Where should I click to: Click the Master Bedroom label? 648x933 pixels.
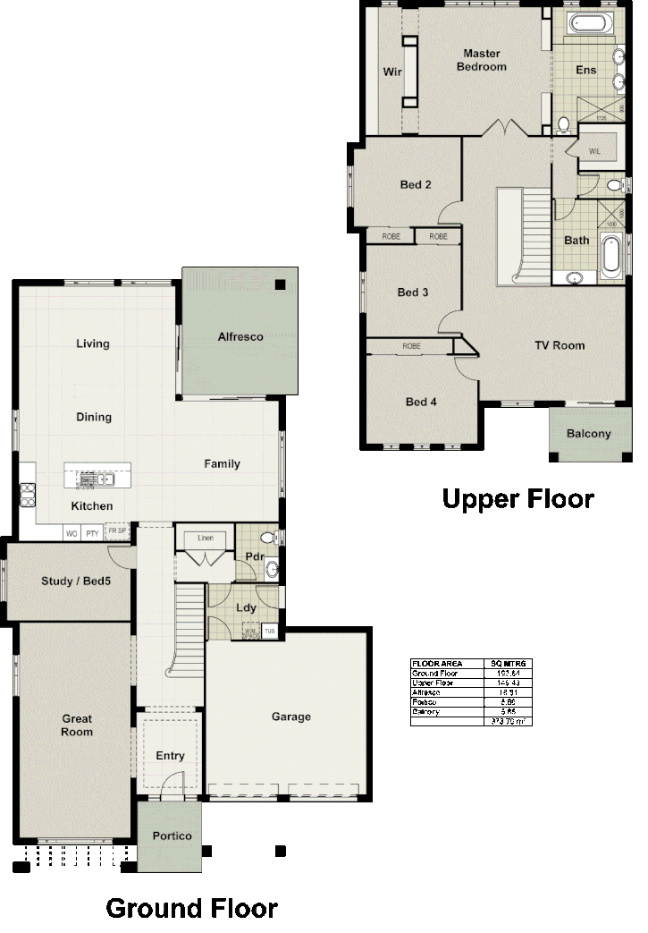pyautogui.click(x=482, y=60)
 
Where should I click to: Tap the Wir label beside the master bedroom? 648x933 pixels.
pyautogui.click(x=391, y=72)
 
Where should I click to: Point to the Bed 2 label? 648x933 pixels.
pyautogui.click(x=416, y=185)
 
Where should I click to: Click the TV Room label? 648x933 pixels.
pyautogui.click(x=560, y=345)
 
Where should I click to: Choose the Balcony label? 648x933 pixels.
pyautogui.click(x=589, y=434)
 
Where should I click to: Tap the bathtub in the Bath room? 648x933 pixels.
pyautogui.click(x=611, y=253)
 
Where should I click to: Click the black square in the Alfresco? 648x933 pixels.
pyautogui.click(x=281, y=284)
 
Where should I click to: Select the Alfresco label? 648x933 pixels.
pyautogui.click(x=240, y=337)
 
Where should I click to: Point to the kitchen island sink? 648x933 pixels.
pyautogui.click(x=98, y=479)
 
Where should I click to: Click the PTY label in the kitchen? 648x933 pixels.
pyautogui.click(x=92, y=533)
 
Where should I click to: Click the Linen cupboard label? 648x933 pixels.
pyautogui.click(x=205, y=538)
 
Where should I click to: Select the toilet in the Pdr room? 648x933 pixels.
pyautogui.click(x=266, y=538)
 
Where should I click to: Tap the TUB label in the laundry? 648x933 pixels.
pyautogui.click(x=269, y=632)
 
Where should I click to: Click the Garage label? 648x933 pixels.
pyautogui.click(x=290, y=717)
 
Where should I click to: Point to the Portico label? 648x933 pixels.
pyautogui.click(x=172, y=835)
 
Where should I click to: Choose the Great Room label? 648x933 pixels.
pyautogui.click(x=77, y=725)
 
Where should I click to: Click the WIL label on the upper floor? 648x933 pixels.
pyautogui.click(x=595, y=150)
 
